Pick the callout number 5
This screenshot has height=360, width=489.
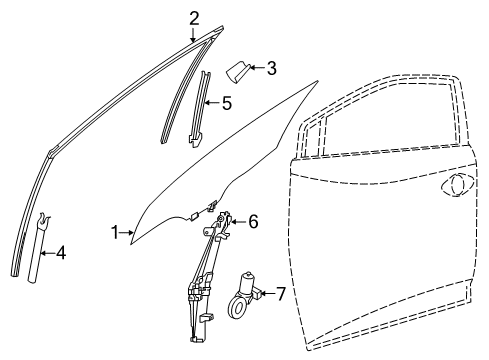227,101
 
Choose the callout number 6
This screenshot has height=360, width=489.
253,221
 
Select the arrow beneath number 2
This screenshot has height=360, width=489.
193,32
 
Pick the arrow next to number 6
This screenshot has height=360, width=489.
238,221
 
